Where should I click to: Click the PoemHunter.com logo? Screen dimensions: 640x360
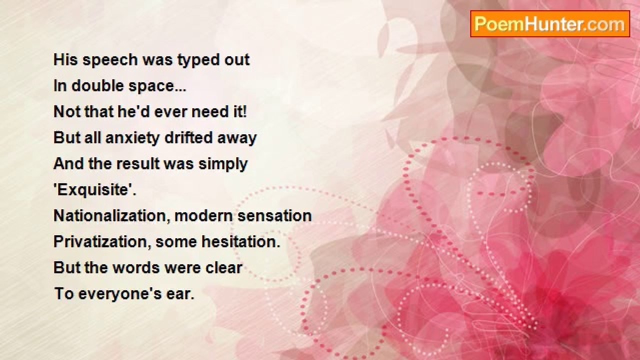coord(550,24)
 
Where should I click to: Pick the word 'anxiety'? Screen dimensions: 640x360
coord(132,138)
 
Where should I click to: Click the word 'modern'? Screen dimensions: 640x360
coord(203,216)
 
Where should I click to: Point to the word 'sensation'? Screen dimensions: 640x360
coord(274,216)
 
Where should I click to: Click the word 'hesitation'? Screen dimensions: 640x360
coord(239,241)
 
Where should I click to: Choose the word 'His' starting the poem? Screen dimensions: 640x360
coord(65,60)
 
